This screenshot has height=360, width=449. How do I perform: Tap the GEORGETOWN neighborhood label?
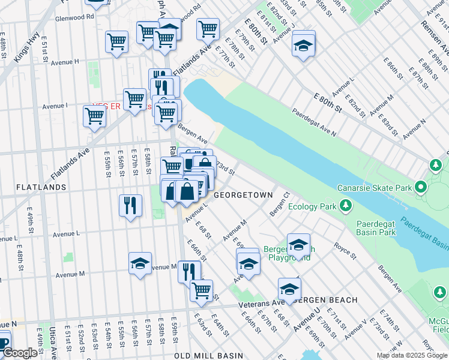243,195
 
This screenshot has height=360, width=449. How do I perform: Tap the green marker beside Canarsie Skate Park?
421,188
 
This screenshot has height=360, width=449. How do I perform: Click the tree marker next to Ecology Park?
346,206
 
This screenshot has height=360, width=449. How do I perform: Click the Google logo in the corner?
19,353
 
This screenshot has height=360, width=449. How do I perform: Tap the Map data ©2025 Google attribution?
411,355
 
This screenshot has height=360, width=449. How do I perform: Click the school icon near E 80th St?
304,45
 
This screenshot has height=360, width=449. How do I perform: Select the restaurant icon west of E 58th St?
130,206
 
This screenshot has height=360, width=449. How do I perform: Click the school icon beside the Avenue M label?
140,263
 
